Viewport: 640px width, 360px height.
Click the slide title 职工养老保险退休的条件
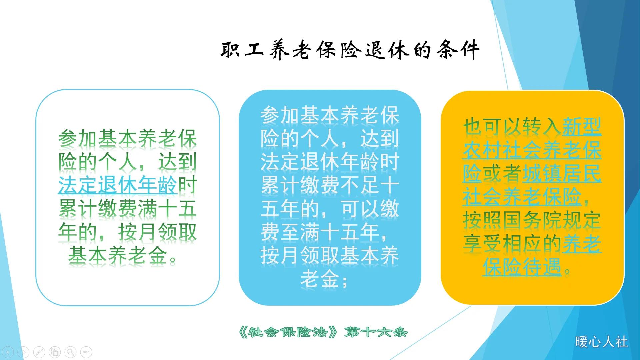[x=350, y=50]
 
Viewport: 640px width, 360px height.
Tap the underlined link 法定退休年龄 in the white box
[x=117, y=185]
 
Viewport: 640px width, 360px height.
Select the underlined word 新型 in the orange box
[x=582, y=127]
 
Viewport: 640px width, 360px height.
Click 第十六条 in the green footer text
[x=376, y=332]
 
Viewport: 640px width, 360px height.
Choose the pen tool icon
[x=39, y=352]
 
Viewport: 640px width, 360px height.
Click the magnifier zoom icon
[x=70, y=352]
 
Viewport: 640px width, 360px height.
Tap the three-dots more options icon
[x=86, y=352]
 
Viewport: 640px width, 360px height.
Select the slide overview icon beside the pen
[x=55, y=352]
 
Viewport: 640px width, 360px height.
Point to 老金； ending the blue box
[x=324, y=279]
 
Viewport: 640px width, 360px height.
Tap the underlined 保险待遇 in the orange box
[x=522, y=267]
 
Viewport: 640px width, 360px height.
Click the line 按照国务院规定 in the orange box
[x=532, y=220]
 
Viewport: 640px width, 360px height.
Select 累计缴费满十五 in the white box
[x=127, y=209]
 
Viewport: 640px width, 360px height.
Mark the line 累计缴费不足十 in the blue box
[x=330, y=185]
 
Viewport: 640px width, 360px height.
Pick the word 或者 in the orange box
[x=502, y=174]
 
